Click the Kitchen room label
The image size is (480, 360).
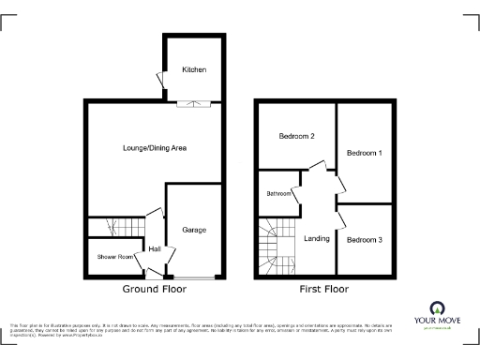(x=194, y=70)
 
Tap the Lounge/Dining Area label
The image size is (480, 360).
(x=156, y=148)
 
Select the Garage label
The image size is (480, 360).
(x=194, y=230)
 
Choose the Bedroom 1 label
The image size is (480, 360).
(x=365, y=152)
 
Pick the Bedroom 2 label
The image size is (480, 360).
(x=296, y=137)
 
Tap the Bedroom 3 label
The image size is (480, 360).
(x=365, y=240)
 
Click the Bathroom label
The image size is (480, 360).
(x=278, y=194)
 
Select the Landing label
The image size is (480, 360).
(x=317, y=238)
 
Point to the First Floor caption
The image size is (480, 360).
(x=320, y=291)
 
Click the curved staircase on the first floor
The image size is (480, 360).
(x=273, y=246)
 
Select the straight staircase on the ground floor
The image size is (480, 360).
(x=112, y=228)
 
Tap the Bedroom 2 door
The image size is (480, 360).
(x=318, y=169)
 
